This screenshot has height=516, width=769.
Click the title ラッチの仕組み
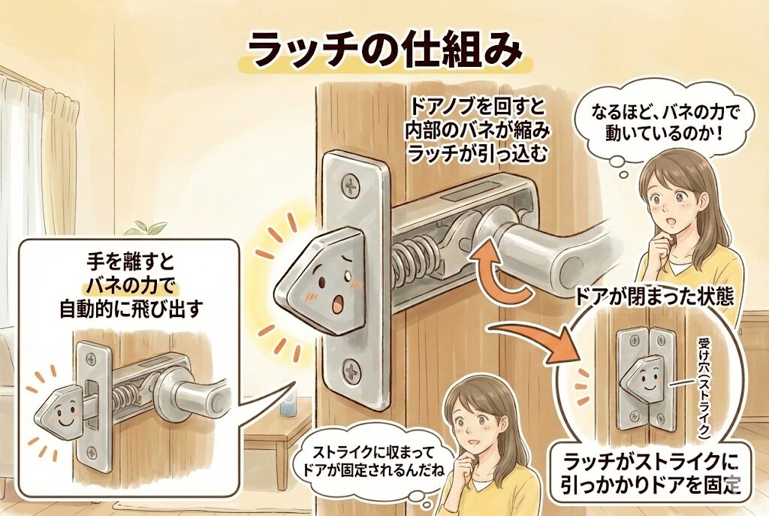pyautogui.click(x=384, y=52)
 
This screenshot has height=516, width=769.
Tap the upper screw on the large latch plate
pyautogui.click(x=351, y=186)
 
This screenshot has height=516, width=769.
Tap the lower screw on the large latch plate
pyautogui.click(x=353, y=371)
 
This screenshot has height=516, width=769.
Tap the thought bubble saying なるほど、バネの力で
pyautogui.click(x=657, y=123)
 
